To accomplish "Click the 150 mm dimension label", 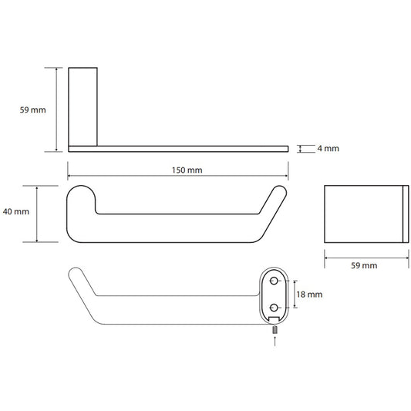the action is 187,170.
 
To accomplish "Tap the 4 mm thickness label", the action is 328,148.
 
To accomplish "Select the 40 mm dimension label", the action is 16,211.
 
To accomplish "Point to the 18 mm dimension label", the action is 309,295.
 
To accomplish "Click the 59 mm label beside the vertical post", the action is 32,109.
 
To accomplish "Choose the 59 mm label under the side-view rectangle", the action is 364,265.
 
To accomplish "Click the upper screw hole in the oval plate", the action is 274,281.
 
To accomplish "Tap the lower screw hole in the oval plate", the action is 274,308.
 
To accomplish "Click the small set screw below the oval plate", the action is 275,330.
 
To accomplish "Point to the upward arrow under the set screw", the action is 275,342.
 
